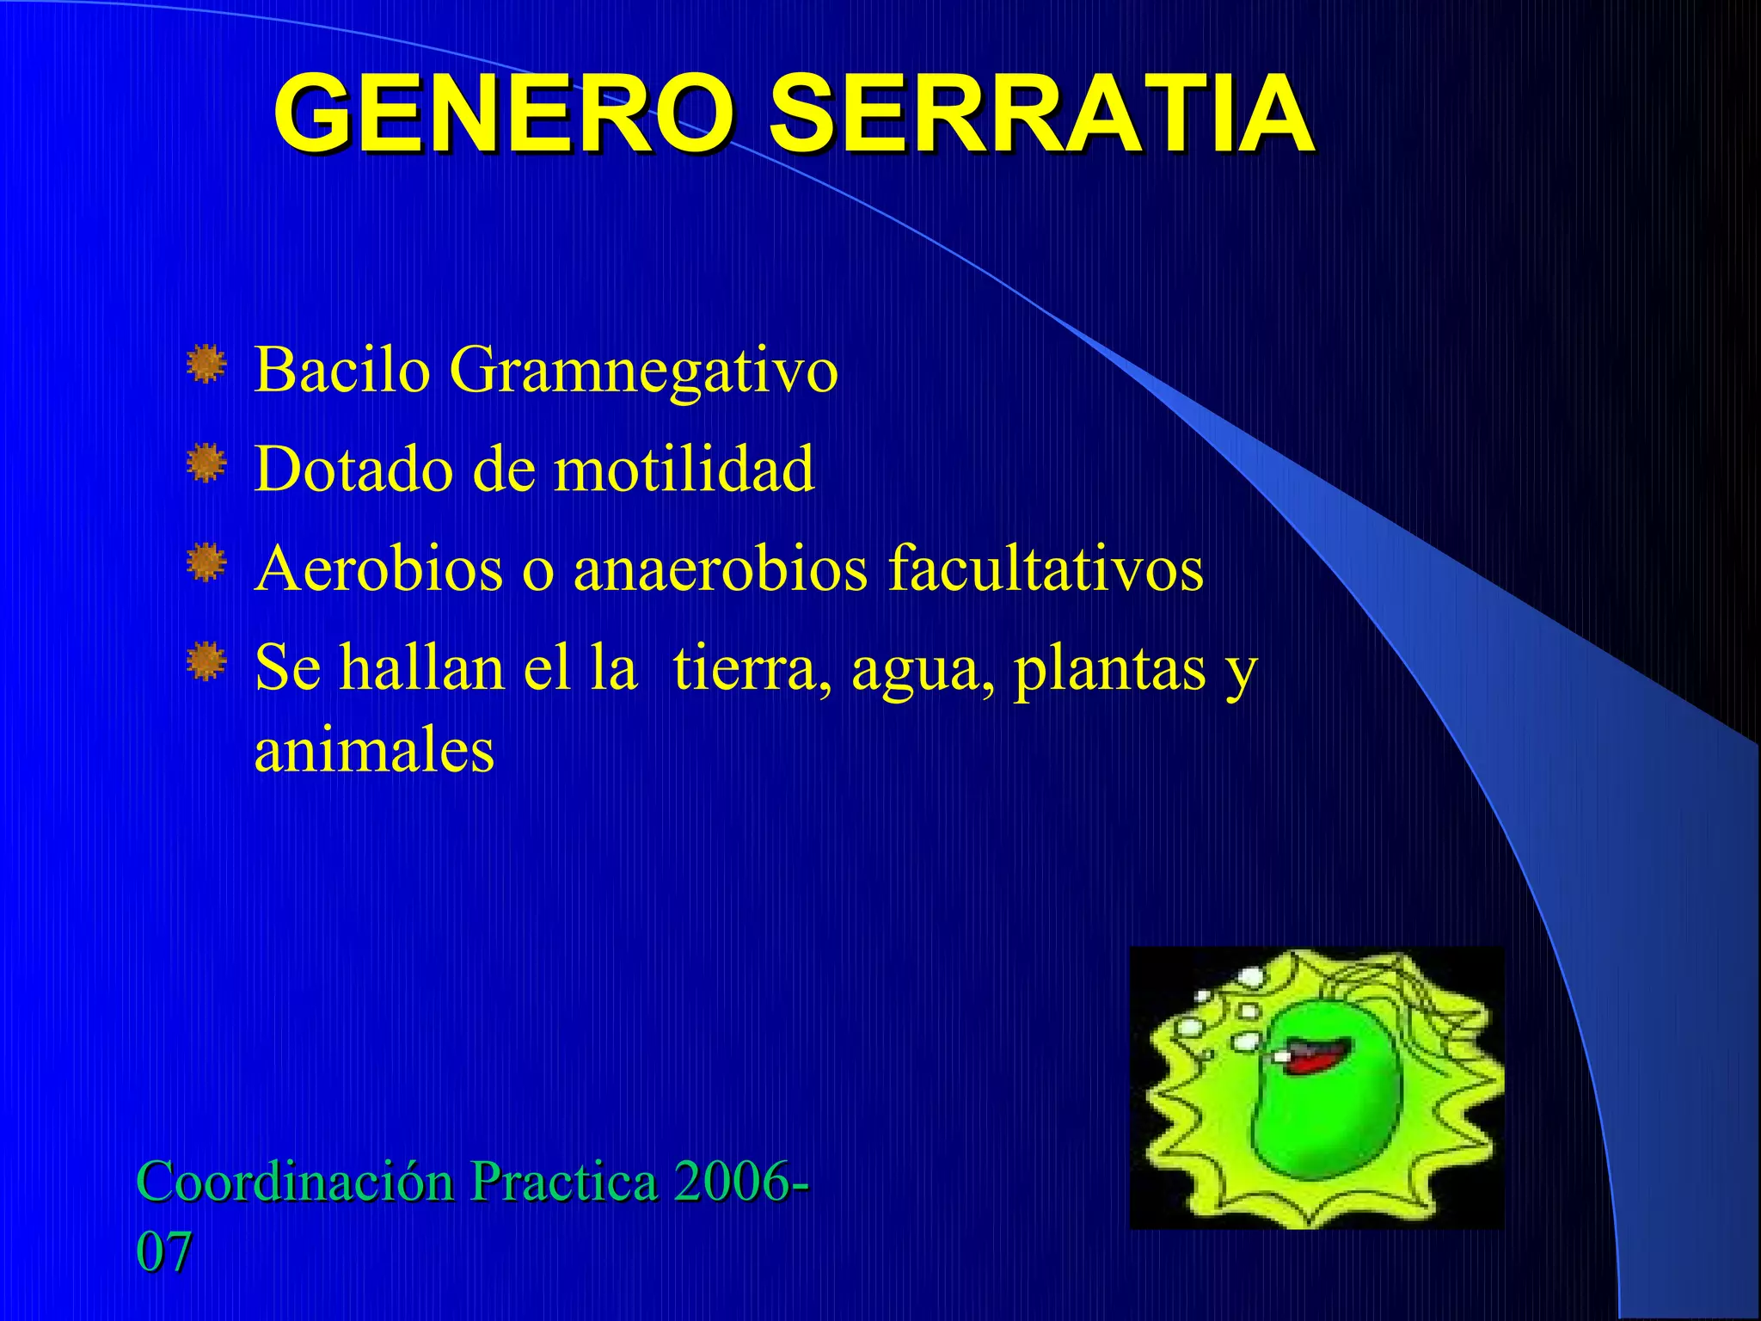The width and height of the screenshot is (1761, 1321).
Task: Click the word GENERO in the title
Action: tap(504, 114)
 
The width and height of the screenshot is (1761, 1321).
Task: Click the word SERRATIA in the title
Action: tap(1040, 114)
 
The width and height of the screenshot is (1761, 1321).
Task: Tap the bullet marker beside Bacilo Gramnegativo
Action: tap(206, 365)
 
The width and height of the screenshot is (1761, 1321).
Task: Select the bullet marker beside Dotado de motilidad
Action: tap(206, 464)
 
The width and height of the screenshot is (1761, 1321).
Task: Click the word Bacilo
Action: tap(342, 370)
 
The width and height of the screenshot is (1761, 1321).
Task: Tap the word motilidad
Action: tap(684, 470)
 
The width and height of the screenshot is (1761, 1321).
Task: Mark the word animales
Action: tap(374, 751)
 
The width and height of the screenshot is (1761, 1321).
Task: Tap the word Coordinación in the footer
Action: tap(295, 1182)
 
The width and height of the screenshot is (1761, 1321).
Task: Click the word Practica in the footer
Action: tap(564, 1182)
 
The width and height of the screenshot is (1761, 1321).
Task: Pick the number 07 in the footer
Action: tap(163, 1252)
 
